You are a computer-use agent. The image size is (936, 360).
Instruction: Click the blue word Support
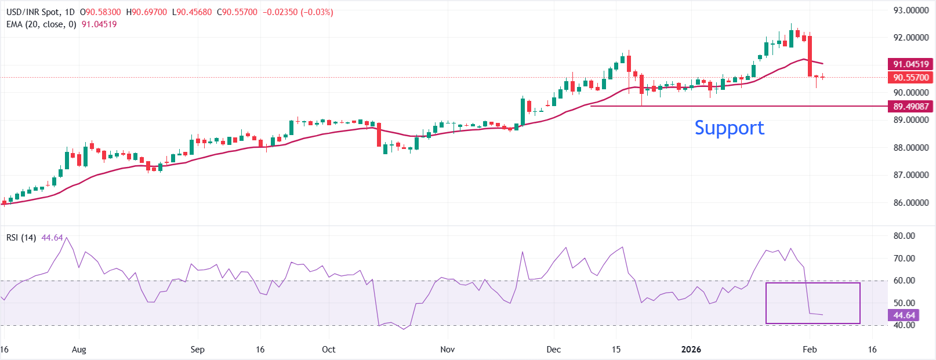(729, 128)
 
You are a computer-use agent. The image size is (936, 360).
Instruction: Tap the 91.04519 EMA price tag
(910, 64)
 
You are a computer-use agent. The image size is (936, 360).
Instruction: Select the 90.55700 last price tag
(910, 78)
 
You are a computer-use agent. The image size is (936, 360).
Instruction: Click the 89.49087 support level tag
(910, 107)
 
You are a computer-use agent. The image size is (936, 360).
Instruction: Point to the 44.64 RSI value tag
(904, 315)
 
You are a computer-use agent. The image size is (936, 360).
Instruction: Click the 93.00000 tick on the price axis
(910, 10)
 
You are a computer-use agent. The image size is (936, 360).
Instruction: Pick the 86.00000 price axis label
(910, 203)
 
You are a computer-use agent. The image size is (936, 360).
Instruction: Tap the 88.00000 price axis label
(910, 148)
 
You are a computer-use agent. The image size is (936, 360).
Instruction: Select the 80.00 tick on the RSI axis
(904, 236)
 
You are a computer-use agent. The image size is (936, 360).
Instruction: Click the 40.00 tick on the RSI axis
(904, 325)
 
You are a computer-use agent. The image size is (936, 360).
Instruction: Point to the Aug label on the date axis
(79, 350)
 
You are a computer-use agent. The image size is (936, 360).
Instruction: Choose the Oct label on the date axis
(329, 350)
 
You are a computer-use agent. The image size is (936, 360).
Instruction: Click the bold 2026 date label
(691, 350)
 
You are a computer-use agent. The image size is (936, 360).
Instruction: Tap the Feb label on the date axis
(810, 350)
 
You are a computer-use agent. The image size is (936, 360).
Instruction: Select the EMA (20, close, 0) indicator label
(41, 24)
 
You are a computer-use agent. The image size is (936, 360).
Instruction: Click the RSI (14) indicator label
(21, 238)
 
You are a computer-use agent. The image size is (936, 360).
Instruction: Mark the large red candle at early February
(810, 56)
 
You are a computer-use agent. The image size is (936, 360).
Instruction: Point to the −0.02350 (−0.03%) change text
(298, 12)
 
